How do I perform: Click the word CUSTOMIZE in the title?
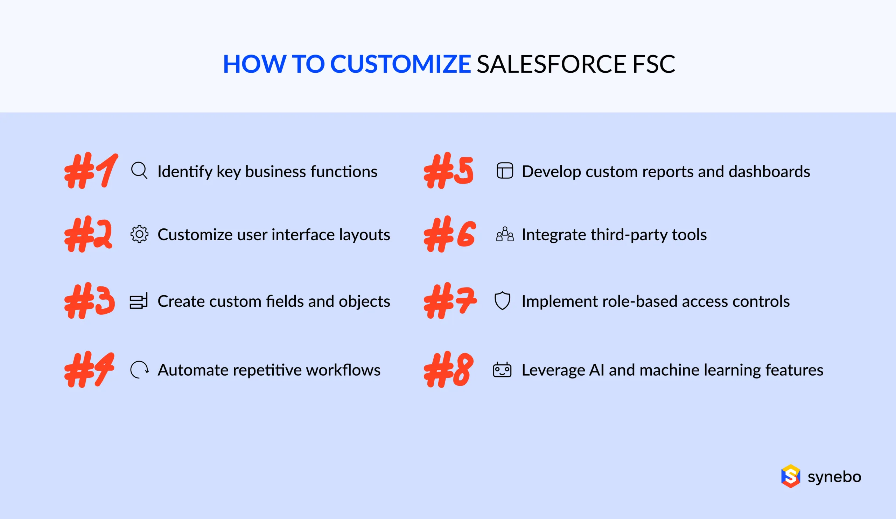click(x=400, y=64)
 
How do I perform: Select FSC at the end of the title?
click(x=653, y=64)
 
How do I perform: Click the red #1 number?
click(x=91, y=171)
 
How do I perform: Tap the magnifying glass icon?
click(x=139, y=171)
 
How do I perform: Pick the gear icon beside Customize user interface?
click(x=139, y=234)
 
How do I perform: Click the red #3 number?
click(x=90, y=301)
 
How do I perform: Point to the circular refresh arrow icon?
click(x=139, y=370)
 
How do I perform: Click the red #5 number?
click(x=449, y=171)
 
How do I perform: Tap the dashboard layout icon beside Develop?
click(x=505, y=171)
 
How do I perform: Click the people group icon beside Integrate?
click(x=505, y=234)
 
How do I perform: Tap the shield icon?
click(x=502, y=300)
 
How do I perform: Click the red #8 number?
click(x=449, y=369)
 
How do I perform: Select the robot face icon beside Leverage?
click(x=502, y=370)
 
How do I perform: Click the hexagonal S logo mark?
click(x=790, y=476)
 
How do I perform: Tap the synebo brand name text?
click(x=834, y=476)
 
